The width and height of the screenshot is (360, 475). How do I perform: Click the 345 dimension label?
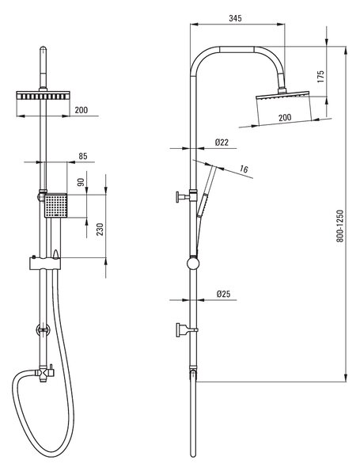[x=235, y=18]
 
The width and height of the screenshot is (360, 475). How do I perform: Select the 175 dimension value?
[x=320, y=77]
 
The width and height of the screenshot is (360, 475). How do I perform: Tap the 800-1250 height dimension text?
[x=340, y=226]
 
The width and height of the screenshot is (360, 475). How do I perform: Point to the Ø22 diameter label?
[x=222, y=142]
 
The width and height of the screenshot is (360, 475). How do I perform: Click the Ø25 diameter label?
[x=223, y=294]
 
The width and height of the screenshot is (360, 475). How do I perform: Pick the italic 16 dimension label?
[x=244, y=169]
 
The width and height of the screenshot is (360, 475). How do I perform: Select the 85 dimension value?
[x=82, y=156]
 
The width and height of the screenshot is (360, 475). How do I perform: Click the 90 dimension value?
[x=81, y=182]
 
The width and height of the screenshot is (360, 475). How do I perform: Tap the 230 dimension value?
[x=100, y=230]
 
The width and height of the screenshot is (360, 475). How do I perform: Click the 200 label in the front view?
[x=81, y=110]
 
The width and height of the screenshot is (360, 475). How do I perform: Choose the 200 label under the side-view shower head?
[x=285, y=117]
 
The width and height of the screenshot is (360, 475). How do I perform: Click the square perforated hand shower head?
[x=55, y=205]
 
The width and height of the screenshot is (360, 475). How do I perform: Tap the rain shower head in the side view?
[x=282, y=95]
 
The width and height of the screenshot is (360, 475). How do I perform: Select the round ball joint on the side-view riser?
[x=193, y=264]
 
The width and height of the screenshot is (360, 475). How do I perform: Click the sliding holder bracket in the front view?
[x=45, y=264]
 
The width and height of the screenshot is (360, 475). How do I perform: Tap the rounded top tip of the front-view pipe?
[x=43, y=47]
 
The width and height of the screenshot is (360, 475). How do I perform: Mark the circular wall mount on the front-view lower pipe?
[x=43, y=330]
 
